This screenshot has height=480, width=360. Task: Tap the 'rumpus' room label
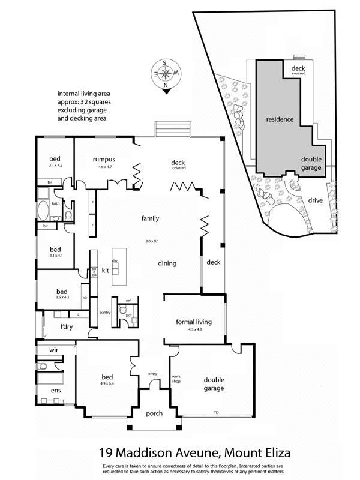[103, 159]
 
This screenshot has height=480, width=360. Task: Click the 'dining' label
[167, 263]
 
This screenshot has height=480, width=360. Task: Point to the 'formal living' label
[193, 322]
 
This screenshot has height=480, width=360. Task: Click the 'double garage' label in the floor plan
[213, 383]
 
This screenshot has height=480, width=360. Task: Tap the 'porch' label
[154, 413]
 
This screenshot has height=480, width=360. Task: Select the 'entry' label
[152, 374]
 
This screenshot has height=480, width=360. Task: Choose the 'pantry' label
[105, 313]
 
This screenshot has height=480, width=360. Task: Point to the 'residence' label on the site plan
[280, 119]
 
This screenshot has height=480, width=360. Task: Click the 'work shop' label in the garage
[177, 379]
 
